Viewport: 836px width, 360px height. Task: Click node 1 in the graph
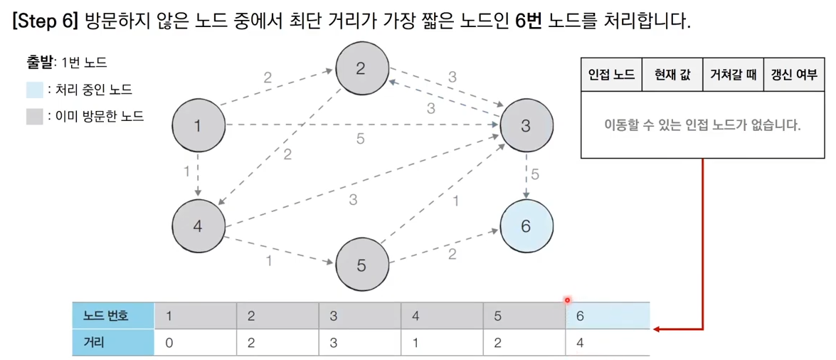click(x=197, y=127)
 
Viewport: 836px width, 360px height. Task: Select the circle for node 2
click(x=361, y=68)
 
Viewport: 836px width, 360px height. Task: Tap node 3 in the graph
click(x=526, y=127)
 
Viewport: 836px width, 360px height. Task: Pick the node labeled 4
click(x=197, y=226)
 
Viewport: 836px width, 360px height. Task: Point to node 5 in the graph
click(x=361, y=265)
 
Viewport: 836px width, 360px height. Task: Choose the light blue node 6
click(x=526, y=226)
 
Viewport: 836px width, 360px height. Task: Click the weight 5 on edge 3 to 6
click(x=535, y=174)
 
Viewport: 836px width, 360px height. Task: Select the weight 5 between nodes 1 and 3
click(x=360, y=139)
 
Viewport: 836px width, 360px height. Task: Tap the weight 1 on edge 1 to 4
click(x=186, y=171)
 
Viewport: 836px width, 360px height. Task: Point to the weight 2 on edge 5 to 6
click(x=453, y=254)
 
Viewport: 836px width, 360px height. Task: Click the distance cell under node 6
click(x=607, y=342)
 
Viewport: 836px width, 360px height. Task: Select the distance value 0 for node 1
click(x=169, y=342)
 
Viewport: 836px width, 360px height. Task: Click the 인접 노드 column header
click(x=611, y=75)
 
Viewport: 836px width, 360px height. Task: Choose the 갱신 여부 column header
click(x=790, y=75)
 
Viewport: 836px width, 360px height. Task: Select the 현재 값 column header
click(x=672, y=75)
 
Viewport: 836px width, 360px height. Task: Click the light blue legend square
click(x=34, y=90)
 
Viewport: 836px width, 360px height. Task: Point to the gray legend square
click(x=34, y=116)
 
